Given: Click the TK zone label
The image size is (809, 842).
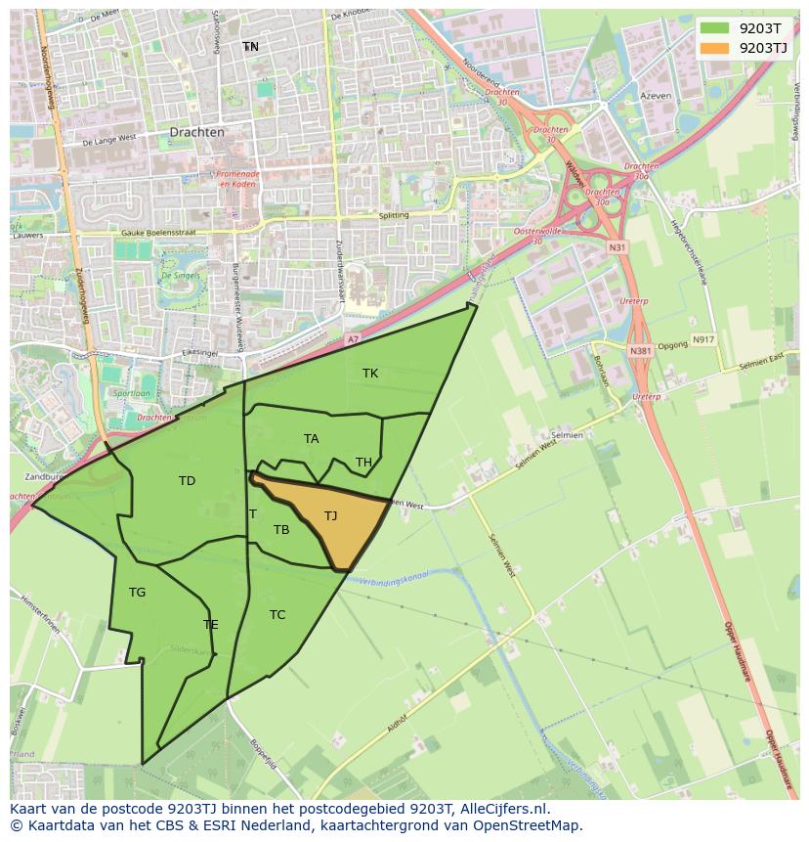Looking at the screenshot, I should pyautogui.click(x=370, y=374).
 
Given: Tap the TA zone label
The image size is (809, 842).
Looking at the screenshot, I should pyautogui.click(x=311, y=439).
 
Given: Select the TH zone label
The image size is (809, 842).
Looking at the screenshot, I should pyautogui.click(x=363, y=463).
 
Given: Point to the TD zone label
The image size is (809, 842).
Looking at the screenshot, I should pyautogui.click(x=187, y=481).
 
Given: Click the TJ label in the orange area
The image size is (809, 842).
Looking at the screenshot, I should pyautogui.click(x=331, y=516).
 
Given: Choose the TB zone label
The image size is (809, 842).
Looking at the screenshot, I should pyautogui.click(x=281, y=530).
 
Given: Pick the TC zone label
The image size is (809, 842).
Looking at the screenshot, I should pyautogui.click(x=277, y=615).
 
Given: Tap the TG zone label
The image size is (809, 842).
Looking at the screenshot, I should pyautogui.click(x=137, y=593).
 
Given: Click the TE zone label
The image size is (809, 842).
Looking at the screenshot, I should pyautogui.click(x=211, y=625).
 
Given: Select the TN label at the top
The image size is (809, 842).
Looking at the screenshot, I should pyautogui.click(x=251, y=47).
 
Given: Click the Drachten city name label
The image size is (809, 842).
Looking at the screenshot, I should pyautogui.click(x=196, y=132).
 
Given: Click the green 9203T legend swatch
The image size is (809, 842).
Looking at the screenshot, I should pyautogui.click(x=714, y=28).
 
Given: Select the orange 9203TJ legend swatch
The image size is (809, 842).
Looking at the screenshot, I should pyautogui.click(x=714, y=47).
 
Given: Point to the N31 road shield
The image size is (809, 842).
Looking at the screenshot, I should pyautogui.click(x=617, y=247).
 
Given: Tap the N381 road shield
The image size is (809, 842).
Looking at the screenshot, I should pyautogui.click(x=640, y=351).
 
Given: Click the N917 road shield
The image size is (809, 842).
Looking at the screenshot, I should pyautogui.click(x=703, y=339).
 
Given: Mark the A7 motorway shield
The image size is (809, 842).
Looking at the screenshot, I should pyautogui.click(x=353, y=339).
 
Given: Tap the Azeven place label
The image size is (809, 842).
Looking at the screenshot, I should pyautogui.click(x=657, y=97).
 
